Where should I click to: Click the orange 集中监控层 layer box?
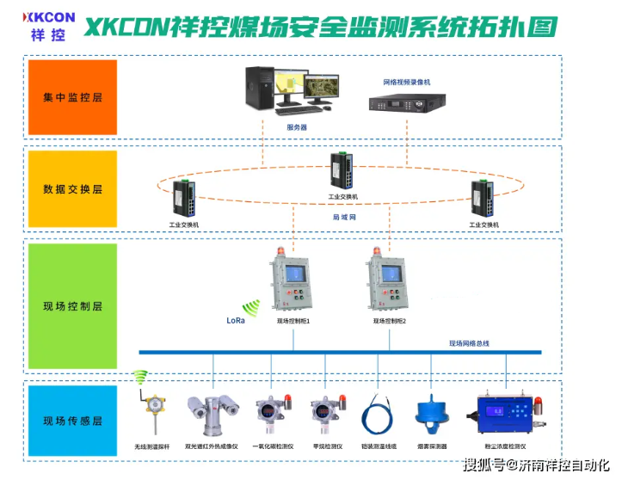click(72, 96)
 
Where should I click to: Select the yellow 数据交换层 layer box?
click(72, 188)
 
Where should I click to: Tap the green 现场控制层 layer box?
click(72, 305)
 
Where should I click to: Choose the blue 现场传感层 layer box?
click(72, 421)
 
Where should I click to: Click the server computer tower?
click(261, 89)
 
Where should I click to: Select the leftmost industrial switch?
click(183, 200)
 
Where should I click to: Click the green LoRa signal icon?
click(250, 308)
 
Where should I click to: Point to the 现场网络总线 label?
click(469, 343)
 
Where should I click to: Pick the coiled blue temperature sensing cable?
click(378, 415)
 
